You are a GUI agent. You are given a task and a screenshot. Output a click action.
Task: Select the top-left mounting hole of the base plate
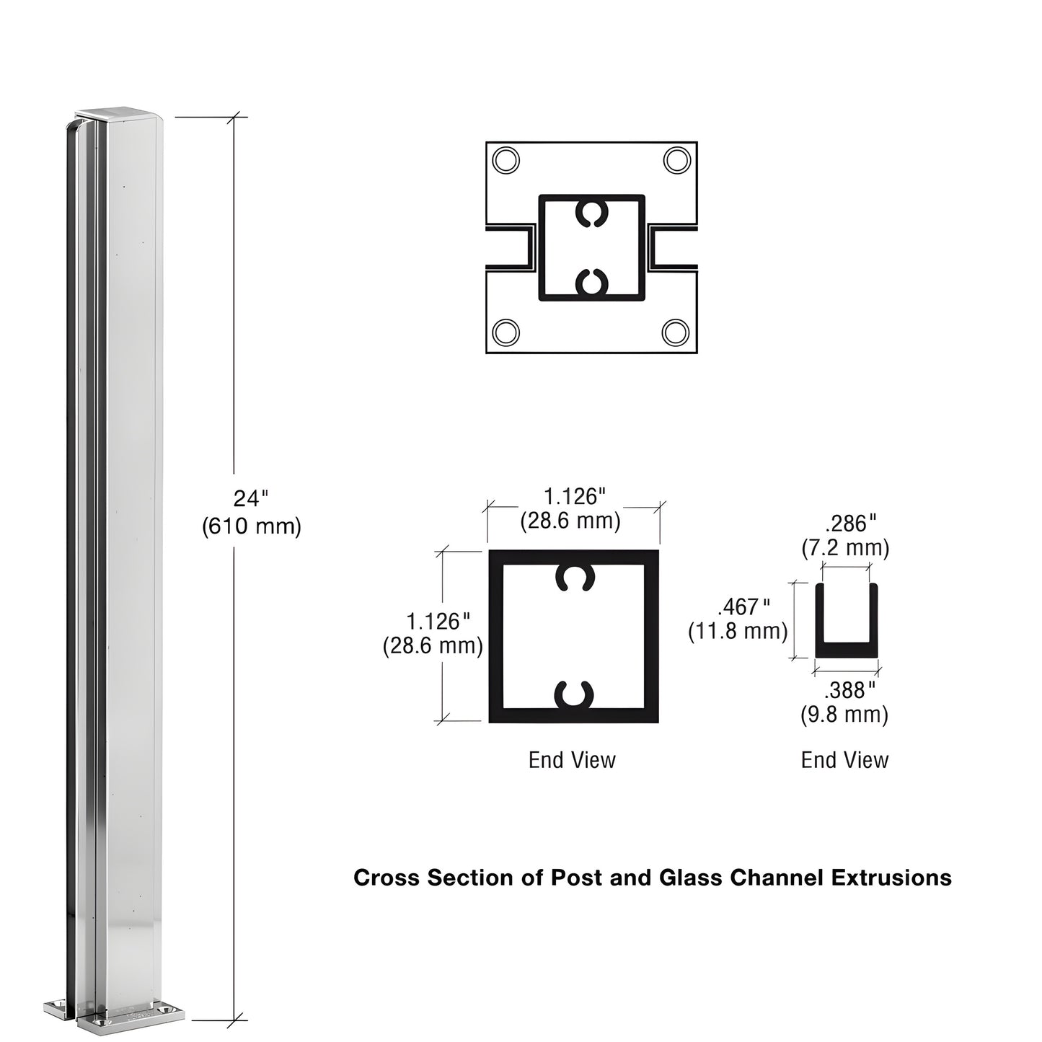pyautogui.click(x=505, y=159)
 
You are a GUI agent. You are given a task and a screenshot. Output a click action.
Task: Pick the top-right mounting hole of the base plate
pyautogui.click(x=677, y=159)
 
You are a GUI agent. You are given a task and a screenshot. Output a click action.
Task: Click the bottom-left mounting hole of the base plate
pyautogui.click(x=505, y=332)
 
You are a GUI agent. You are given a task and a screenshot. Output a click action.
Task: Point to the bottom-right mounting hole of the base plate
pyautogui.click(x=676, y=332)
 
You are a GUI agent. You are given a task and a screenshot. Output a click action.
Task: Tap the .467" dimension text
pyautogui.click(x=743, y=606)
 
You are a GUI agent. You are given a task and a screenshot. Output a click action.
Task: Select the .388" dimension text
pyautogui.click(x=850, y=690)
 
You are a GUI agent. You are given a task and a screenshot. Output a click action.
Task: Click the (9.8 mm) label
pyautogui.click(x=844, y=715)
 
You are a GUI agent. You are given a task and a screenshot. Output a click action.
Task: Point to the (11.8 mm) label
pyautogui.click(x=737, y=631)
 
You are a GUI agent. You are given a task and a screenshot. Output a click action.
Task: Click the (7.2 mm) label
pyautogui.click(x=845, y=548)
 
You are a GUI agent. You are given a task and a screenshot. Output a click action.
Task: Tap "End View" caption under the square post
pyautogui.click(x=573, y=760)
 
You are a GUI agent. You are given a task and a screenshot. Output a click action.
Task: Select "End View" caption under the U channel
pyautogui.click(x=845, y=760)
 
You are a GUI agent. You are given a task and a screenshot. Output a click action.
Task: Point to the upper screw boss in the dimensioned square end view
pyautogui.click(x=574, y=578)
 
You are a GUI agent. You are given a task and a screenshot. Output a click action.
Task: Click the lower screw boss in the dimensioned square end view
pyautogui.click(x=574, y=694)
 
